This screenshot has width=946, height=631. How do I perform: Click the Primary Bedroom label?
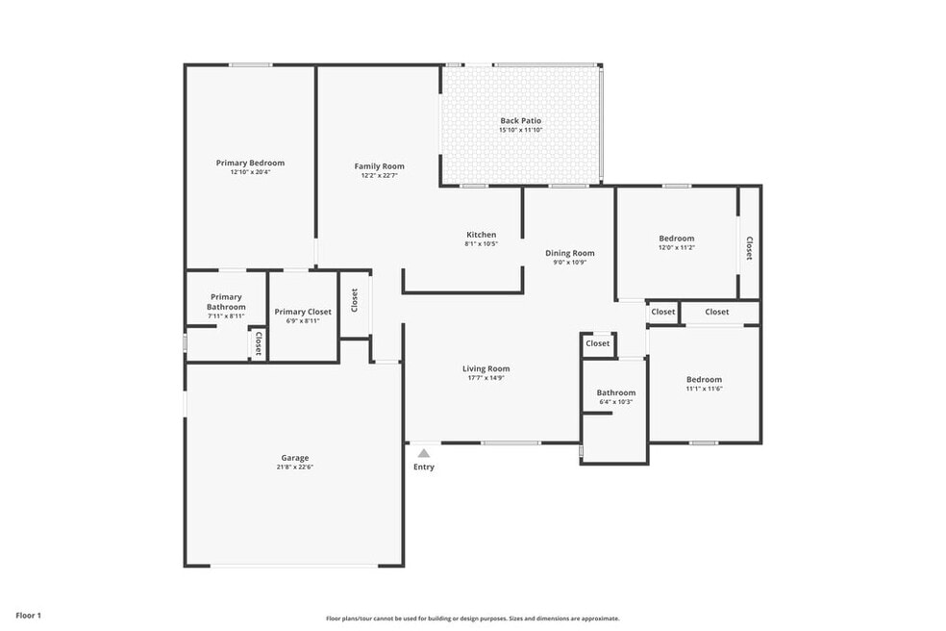click(250, 163)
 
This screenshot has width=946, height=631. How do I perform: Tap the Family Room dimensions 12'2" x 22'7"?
click(380, 176)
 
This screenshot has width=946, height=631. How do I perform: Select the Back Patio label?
click(521, 121)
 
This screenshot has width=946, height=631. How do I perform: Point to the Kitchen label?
click(482, 235)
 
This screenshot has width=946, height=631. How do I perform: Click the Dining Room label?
click(570, 254)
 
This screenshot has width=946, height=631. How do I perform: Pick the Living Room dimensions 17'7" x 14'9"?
click(486, 378)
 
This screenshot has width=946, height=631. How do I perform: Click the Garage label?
click(295, 458)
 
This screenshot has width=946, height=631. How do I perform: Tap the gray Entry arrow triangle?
click(424, 453)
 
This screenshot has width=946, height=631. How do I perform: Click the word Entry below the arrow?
click(424, 467)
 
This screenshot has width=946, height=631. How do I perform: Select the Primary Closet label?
click(303, 313)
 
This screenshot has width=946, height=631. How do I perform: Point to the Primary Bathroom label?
click(226, 302)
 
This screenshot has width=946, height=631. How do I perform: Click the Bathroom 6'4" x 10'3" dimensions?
click(616, 402)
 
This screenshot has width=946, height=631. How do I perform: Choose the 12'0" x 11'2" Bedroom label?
click(677, 239)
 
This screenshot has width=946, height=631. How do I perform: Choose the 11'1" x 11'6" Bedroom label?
click(704, 380)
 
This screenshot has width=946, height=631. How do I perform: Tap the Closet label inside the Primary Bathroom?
click(259, 343)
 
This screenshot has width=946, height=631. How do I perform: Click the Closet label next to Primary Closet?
click(355, 300)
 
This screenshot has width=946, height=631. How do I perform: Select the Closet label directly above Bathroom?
click(598, 343)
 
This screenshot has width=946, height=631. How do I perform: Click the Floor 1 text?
click(28, 616)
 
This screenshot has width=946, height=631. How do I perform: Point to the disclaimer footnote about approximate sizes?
click(473, 618)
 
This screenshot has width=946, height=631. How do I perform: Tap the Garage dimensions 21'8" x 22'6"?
click(295, 467)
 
